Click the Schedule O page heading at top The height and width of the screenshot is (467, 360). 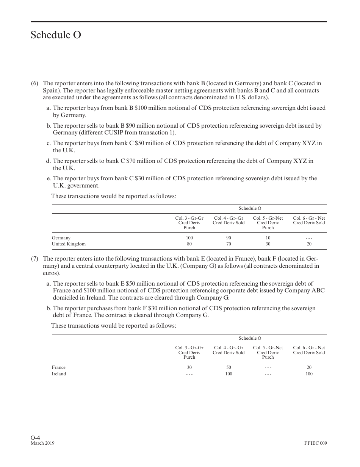click(56, 35)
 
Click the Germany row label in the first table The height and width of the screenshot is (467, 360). click(61, 238)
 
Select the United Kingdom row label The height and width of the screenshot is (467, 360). click(69, 244)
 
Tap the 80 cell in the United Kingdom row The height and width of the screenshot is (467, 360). click(189, 244)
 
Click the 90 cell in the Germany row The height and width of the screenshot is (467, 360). click(229, 238)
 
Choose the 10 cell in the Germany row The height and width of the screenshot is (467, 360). click(268, 238)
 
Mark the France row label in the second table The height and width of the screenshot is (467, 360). click(58, 367)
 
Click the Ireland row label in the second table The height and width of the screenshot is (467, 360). click(59, 374)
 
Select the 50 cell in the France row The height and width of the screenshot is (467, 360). click(229, 367)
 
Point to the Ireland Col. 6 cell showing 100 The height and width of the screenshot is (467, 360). click(309, 374)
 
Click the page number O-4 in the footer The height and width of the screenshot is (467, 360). click(36, 437)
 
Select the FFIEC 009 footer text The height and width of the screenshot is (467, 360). click(315, 443)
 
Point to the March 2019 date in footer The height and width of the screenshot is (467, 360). click(42, 443)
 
